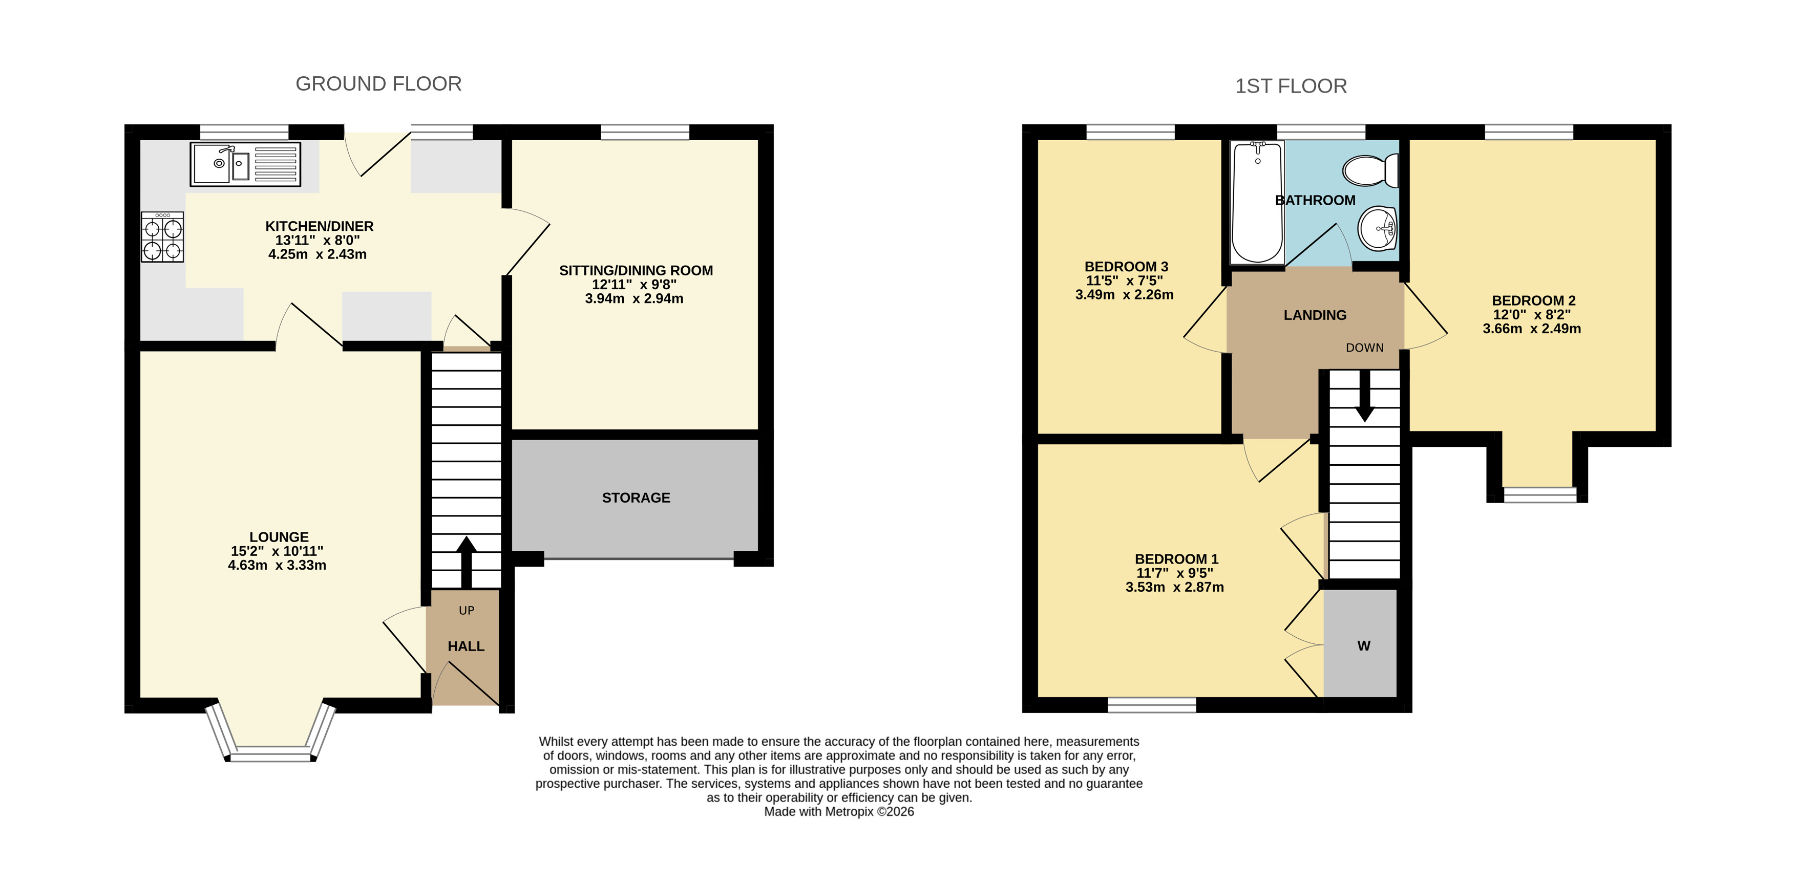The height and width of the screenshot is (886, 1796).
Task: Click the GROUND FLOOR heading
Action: point(378,83)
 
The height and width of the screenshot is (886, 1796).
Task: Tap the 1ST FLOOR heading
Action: point(1291,86)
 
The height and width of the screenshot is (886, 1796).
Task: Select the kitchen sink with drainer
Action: point(245,164)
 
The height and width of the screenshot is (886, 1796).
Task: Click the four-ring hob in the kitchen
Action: point(162,237)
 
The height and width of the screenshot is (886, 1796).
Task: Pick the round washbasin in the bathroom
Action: point(1378,227)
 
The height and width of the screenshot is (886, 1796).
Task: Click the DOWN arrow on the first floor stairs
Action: point(1364,395)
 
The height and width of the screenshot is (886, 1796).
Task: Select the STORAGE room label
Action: point(636,498)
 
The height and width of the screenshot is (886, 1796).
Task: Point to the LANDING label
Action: point(1315,315)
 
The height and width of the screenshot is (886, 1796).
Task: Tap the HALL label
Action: point(466,646)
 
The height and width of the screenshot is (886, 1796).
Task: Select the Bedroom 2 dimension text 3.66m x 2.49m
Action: point(1532,328)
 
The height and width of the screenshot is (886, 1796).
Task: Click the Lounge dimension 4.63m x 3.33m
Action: point(277,565)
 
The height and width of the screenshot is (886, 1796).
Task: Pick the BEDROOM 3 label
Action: point(1126,266)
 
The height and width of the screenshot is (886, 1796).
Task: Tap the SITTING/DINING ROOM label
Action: point(636,270)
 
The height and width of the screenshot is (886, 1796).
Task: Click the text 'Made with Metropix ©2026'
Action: point(839,811)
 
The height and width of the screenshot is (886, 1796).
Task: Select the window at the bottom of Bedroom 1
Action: point(1152,705)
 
